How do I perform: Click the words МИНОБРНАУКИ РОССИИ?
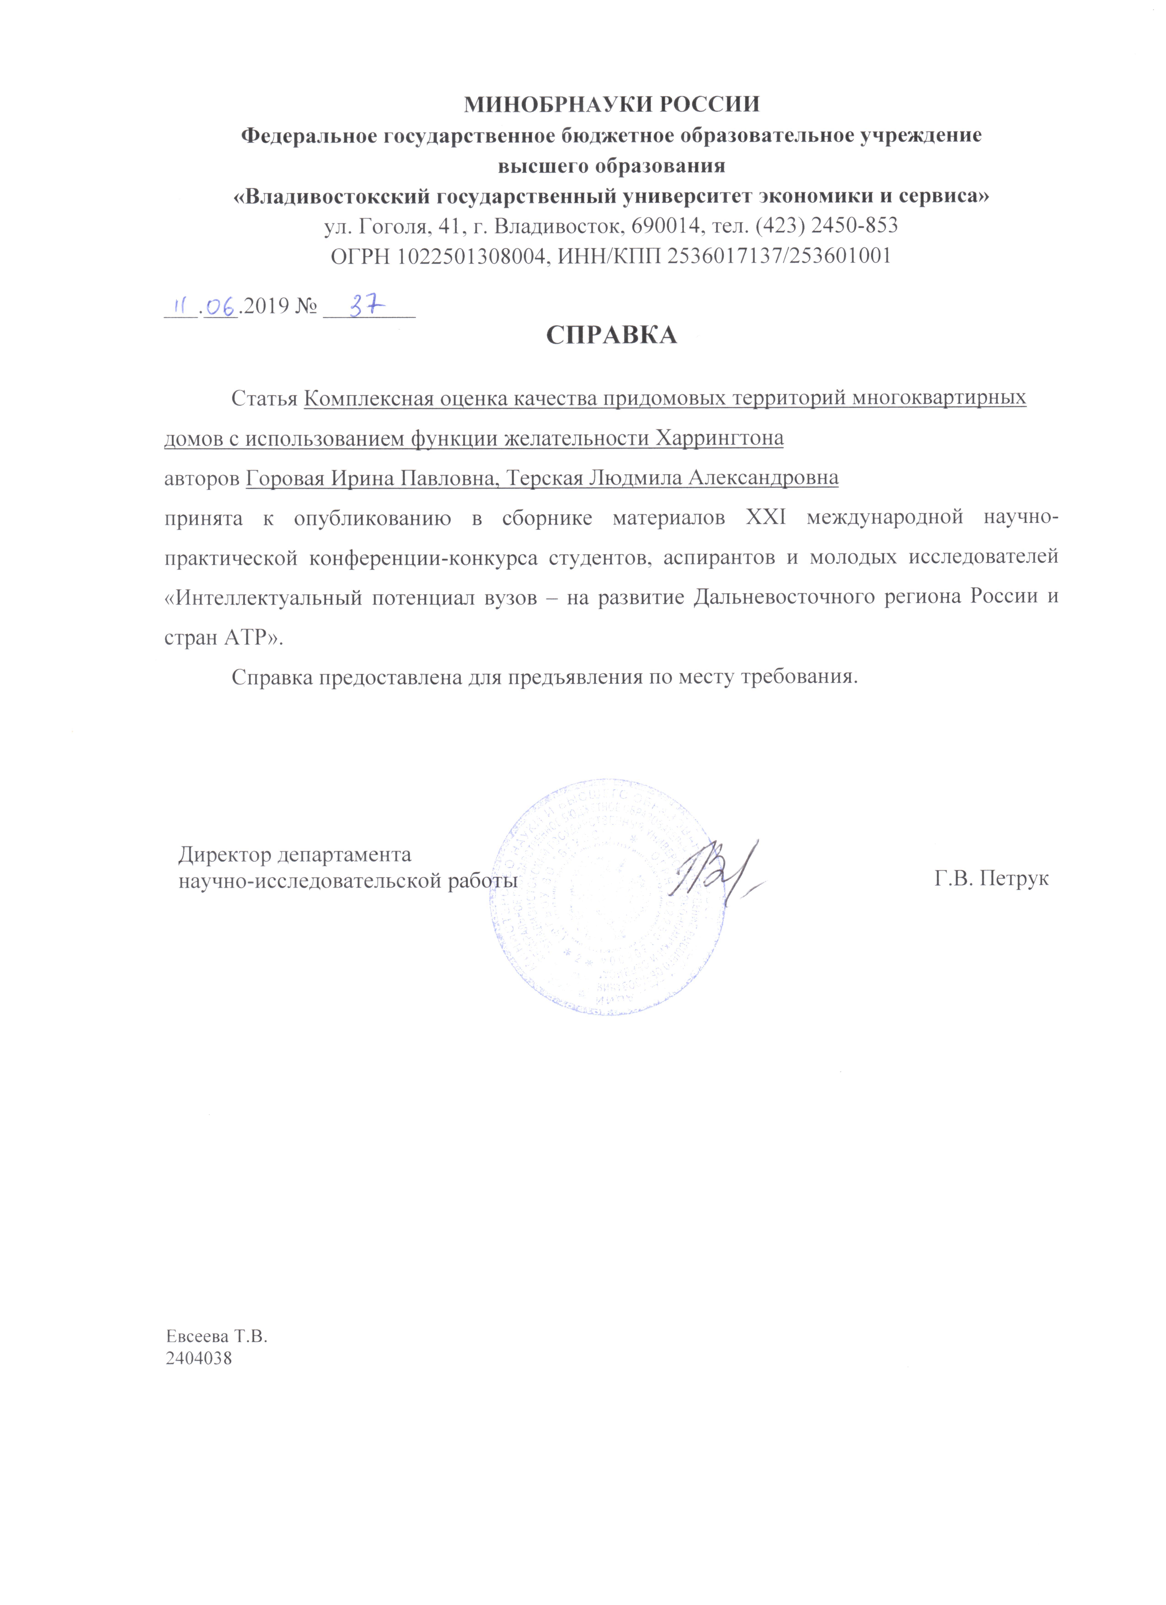point(611,104)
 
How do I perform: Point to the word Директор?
point(224,855)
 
